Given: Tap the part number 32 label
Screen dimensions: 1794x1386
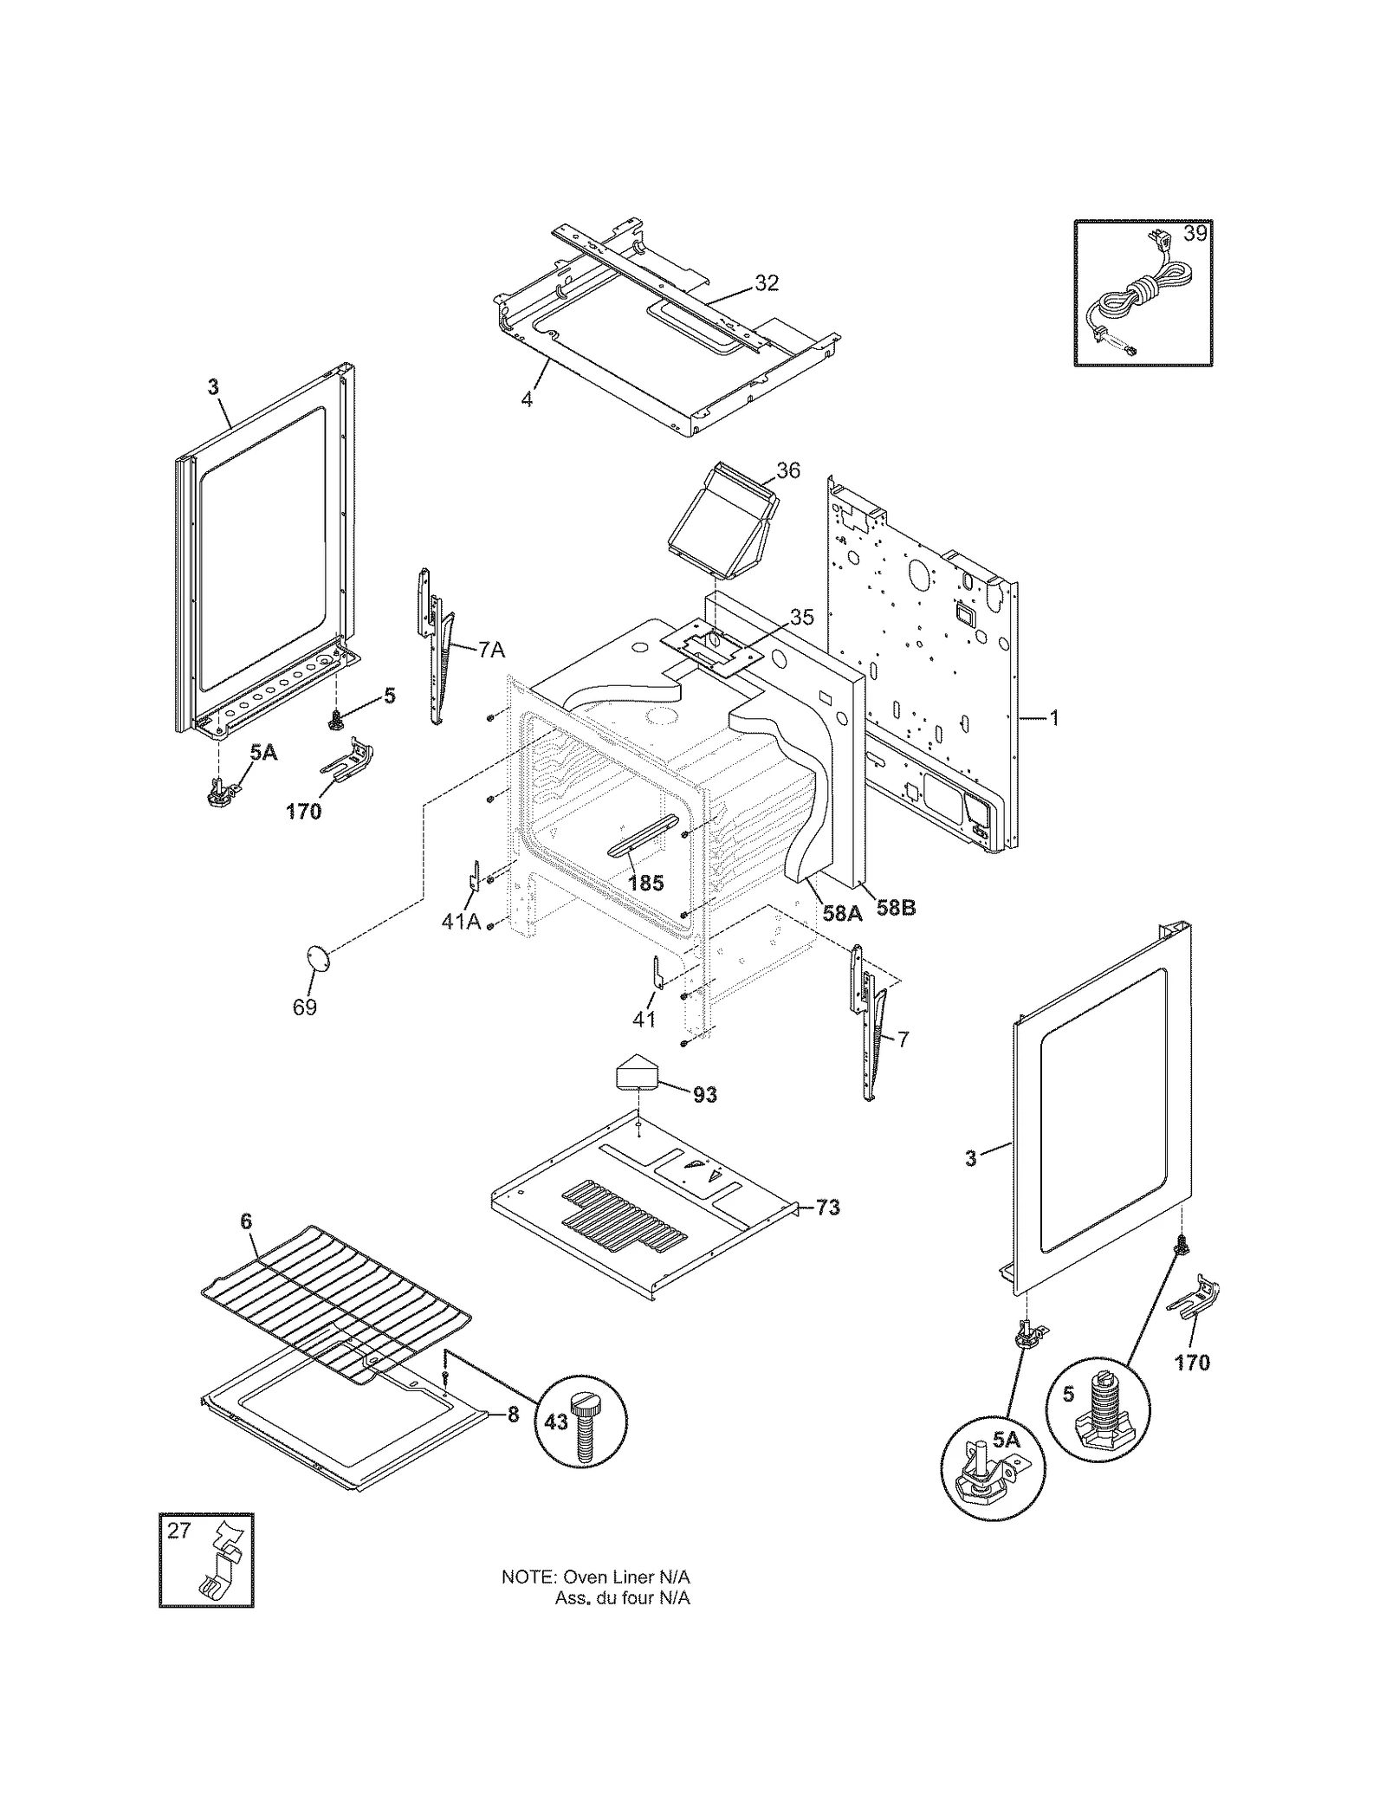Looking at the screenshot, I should pyautogui.click(x=767, y=283).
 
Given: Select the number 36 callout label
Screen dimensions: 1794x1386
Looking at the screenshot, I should pyautogui.click(x=787, y=470).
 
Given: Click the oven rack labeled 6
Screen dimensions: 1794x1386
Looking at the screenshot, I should pyautogui.click(x=338, y=1295).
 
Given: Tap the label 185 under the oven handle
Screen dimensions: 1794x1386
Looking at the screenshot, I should pyautogui.click(x=645, y=883).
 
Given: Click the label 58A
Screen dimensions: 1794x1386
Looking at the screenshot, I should pyautogui.click(x=842, y=912).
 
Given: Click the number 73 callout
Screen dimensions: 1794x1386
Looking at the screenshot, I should pyautogui.click(x=828, y=1207).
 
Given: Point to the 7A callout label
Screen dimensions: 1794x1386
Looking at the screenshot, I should pyautogui.click(x=491, y=650).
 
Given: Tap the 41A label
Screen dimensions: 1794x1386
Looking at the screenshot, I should pyautogui.click(x=461, y=922).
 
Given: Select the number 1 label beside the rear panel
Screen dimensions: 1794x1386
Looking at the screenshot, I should pyautogui.click(x=1054, y=718).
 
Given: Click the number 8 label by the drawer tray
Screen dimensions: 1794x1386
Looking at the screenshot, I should pyautogui.click(x=513, y=1415).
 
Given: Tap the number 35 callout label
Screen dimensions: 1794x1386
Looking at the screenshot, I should pyautogui.click(x=802, y=617).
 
